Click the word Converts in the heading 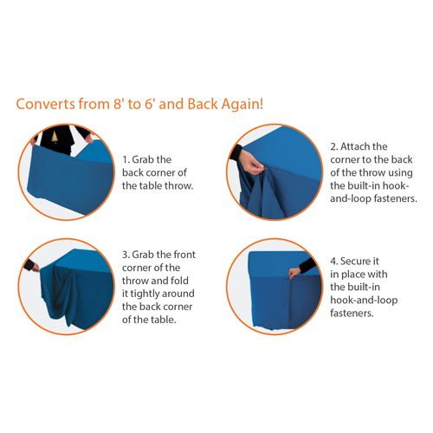[x=46, y=104]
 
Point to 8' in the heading [x=118, y=104]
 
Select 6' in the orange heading [x=149, y=104]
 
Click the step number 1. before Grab [x=126, y=159]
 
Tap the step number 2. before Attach [x=334, y=146]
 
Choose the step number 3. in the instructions [x=126, y=255]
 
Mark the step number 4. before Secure [x=334, y=262]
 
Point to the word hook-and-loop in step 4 [x=364, y=301]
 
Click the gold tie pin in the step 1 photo [x=55, y=138]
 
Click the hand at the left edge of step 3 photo [x=36, y=268]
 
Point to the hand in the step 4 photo [x=294, y=273]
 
